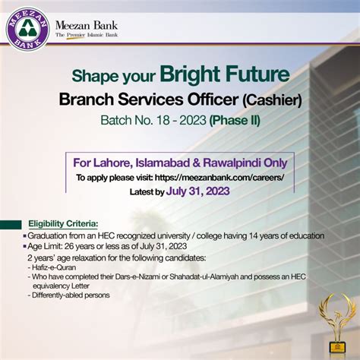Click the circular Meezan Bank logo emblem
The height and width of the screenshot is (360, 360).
tap(28, 31)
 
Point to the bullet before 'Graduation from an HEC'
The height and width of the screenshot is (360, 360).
tap(25, 235)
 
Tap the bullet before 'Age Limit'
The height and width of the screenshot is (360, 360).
tap(25, 246)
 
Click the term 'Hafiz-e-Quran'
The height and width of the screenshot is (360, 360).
tap(52, 267)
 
